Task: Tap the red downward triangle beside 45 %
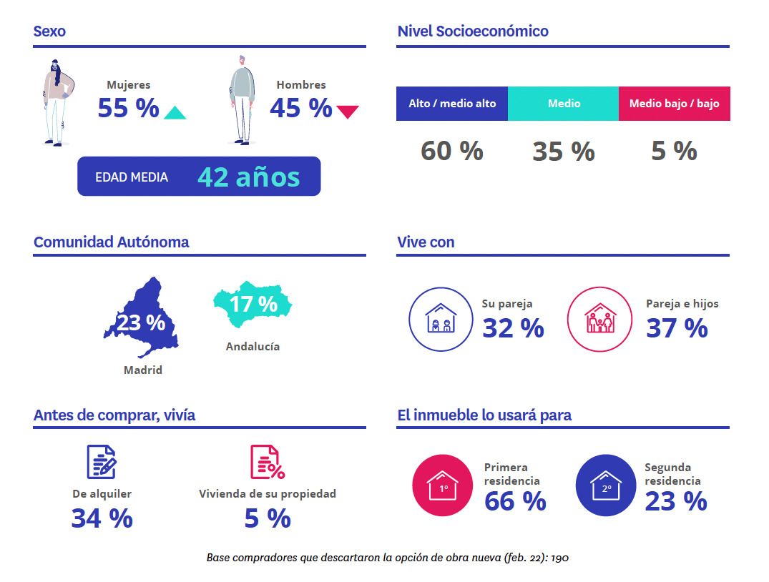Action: pyautogui.click(x=348, y=112)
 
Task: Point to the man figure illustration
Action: pyautogui.click(x=243, y=100)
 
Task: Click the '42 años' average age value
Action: pyautogui.click(x=248, y=177)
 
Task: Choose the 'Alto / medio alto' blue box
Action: pyautogui.click(x=452, y=104)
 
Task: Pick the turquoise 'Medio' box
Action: pyautogui.click(x=564, y=104)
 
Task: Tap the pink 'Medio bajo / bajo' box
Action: pyautogui.click(x=674, y=104)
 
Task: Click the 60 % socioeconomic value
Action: pyautogui.click(x=451, y=151)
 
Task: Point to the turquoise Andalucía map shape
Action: pyautogui.click(x=253, y=304)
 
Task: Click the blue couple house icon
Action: pyautogui.click(x=440, y=320)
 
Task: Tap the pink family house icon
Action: pyautogui.click(x=599, y=320)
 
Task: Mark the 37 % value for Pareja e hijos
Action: pyautogui.click(x=677, y=328)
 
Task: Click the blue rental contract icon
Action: pyautogui.click(x=102, y=462)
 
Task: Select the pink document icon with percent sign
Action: pyautogui.click(x=267, y=462)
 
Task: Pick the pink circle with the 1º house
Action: pyautogui.click(x=444, y=485)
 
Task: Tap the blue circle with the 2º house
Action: pyautogui.click(x=607, y=485)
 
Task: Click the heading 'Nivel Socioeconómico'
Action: pyautogui.click(x=473, y=31)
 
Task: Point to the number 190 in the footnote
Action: pyautogui.click(x=559, y=558)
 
